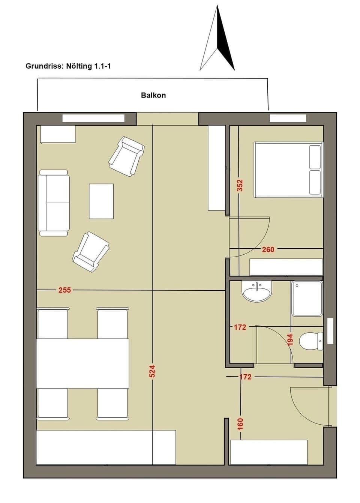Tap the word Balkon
point(153,95)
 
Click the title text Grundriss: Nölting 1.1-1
point(68,66)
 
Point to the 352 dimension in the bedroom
point(240,185)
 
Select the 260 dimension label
point(268,249)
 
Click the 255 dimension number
point(64,290)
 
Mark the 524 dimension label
point(152,371)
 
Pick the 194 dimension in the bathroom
point(290,339)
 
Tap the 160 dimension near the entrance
point(240,423)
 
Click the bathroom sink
point(257,291)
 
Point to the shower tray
point(307,298)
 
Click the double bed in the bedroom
point(288,170)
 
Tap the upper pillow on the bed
point(315,156)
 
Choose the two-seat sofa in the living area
point(54,203)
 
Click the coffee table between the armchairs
point(101,201)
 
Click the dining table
point(82,363)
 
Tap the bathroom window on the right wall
point(330,331)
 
